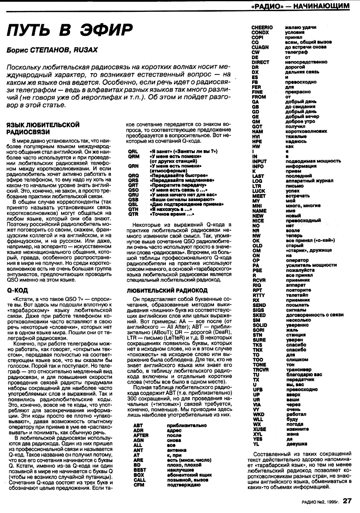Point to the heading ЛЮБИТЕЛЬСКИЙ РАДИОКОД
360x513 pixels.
click(167, 290)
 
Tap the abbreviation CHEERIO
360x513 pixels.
click(262, 27)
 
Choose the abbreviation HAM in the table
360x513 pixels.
click(257, 132)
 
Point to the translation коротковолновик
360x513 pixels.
click(306, 132)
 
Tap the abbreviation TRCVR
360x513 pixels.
click(260, 370)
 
